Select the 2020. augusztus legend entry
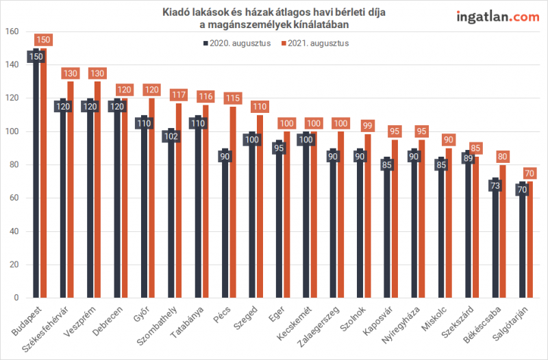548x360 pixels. click(x=236, y=42)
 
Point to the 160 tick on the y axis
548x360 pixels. click(x=12, y=31)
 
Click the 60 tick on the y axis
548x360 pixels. click(x=14, y=198)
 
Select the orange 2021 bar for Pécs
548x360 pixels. click(x=233, y=205)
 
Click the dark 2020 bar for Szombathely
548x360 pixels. click(x=172, y=219)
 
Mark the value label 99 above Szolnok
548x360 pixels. click(x=368, y=125)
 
